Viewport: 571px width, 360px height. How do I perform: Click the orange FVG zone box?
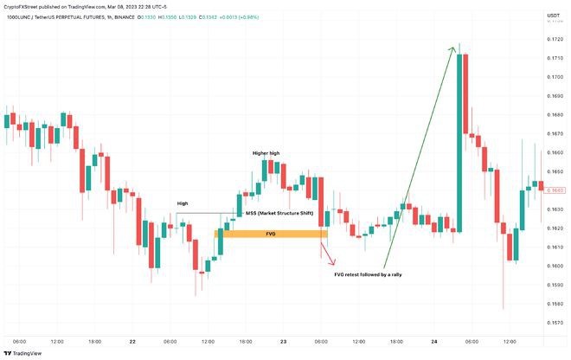271,234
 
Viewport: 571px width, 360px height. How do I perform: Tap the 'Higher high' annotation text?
266,153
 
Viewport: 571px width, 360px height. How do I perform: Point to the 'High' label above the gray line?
183,203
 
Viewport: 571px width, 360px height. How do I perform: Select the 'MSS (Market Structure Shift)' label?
279,213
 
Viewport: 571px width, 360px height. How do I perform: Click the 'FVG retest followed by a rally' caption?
368,274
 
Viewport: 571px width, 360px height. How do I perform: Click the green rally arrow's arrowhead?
453,48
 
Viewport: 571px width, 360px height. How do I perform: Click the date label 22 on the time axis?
132,340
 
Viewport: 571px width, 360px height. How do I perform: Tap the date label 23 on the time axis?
283,340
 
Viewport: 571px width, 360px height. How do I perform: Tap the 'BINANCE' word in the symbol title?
151,17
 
